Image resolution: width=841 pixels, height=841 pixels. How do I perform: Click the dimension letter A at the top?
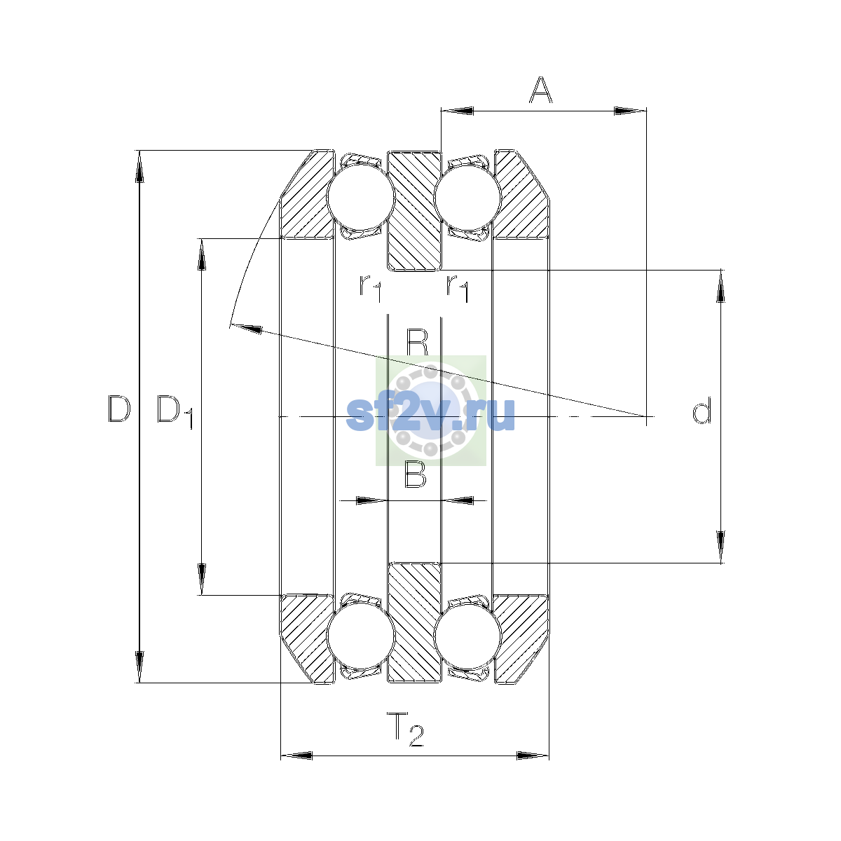pos(541,90)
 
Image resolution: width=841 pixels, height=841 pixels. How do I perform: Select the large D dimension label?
pos(119,409)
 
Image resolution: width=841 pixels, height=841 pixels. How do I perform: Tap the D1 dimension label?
pos(175,411)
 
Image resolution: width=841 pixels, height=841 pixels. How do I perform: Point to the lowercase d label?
pos(702,410)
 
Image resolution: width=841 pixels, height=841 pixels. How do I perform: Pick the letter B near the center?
pos(415,474)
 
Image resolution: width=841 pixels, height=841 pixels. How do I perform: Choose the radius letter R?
pos(417,343)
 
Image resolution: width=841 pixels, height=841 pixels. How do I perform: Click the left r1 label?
pos(371,288)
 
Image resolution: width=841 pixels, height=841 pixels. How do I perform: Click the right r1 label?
pos(458,288)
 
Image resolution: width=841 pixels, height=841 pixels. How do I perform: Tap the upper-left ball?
pos(360,197)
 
